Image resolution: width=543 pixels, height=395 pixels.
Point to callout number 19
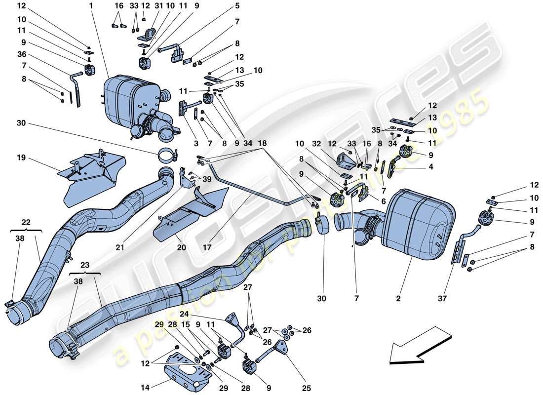tap(20, 159)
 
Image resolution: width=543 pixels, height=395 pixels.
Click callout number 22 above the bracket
tap(26, 223)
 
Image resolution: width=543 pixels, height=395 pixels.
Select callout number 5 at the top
tap(237, 6)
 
